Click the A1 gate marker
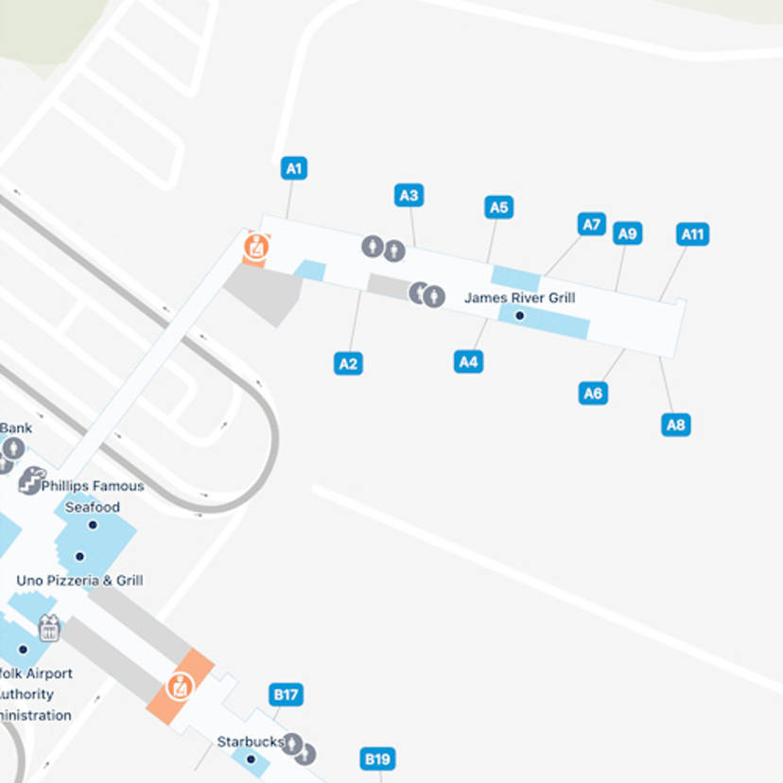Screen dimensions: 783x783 pos(294,169)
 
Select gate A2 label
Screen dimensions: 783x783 pos(348,363)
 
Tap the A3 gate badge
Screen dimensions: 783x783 pos(408,196)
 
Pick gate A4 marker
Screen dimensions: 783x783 pos(468,361)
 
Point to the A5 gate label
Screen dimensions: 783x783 pos(498,207)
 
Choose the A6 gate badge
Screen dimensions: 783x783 pos(592,393)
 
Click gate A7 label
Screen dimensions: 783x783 pos(591,224)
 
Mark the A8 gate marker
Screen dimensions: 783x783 pos(675,425)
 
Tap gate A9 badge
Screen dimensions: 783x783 pos(627,234)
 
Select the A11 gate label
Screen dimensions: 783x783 pos(693,234)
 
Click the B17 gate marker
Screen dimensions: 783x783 pos(286,695)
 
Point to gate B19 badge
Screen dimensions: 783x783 pos(377,758)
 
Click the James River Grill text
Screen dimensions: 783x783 pos(519,298)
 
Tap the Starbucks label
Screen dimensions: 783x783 pos(251,742)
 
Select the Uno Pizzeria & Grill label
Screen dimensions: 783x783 pos(79,581)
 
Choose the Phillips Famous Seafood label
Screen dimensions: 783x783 pos(93,496)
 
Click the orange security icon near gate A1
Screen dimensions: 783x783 pos(256,247)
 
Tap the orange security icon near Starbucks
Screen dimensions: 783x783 pos(180,687)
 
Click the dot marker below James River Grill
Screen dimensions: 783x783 pos(519,315)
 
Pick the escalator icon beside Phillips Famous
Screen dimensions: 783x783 pos(31,480)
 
